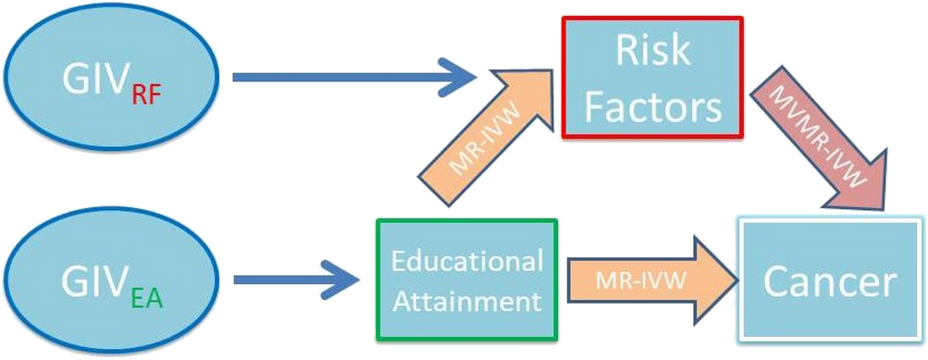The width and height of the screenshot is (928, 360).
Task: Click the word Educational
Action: [466, 262]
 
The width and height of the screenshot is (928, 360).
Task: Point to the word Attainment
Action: [466, 301]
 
